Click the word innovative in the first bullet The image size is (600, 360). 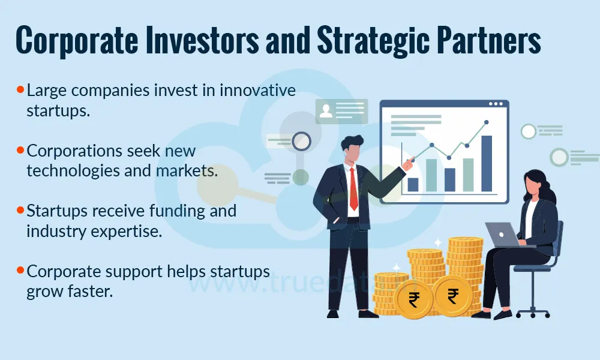click(x=257, y=91)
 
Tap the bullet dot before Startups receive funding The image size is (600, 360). click(x=20, y=210)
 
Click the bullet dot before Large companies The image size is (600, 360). click(x=20, y=90)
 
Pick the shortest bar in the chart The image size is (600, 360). click(x=413, y=184)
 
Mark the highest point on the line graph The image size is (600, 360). click(x=486, y=122)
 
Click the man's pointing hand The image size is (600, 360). click(x=409, y=163)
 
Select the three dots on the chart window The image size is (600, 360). click(x=496, y=104)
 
